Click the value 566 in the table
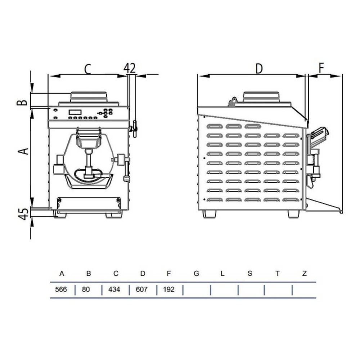pos(61,289)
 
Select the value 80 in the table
pos(86,289)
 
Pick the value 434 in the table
pos(114,289)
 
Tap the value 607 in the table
pos(141,289)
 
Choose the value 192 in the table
pos(169,289)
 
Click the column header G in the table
pos(196,274)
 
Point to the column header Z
pos(305,274)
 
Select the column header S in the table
pos(250,274)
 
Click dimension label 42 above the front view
pos(130,68)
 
